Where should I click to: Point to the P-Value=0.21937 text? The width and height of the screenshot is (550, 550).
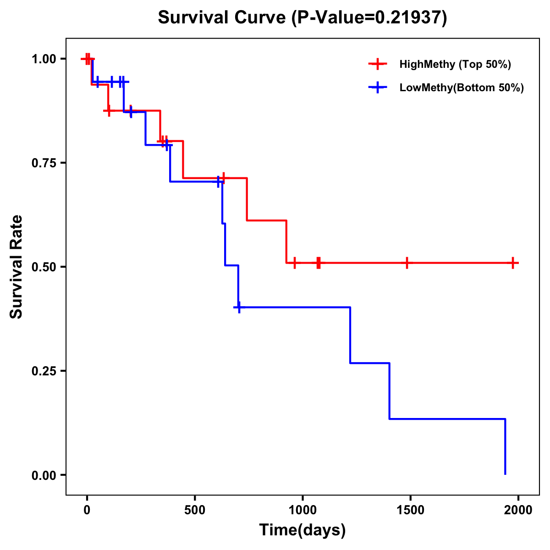pos(370,18)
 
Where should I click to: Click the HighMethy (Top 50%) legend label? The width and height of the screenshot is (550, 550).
pos(455,64)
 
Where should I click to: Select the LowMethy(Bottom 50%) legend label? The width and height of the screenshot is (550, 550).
pos(462,88)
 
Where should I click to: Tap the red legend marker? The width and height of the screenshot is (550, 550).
pos(378,64)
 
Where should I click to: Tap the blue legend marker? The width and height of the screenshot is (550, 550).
pos(378,88)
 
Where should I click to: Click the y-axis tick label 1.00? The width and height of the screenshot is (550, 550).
pos(44,59)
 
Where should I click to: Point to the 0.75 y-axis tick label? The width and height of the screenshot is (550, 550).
pos(44,163)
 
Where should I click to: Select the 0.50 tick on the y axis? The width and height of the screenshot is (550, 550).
pos(44,267)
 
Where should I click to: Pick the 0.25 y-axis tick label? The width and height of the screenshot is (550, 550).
pos(44,371)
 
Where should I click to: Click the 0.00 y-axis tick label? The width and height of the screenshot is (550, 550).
pos(44,475)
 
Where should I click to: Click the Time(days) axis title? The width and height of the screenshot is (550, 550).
pos(302,530)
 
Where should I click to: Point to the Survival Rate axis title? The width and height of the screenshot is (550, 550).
pos(16,267)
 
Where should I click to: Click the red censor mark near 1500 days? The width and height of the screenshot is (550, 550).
pos(407,263)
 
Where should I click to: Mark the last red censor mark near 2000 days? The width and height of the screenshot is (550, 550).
pos(513,263)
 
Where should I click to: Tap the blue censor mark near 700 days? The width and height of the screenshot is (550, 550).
pos(239,307)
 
